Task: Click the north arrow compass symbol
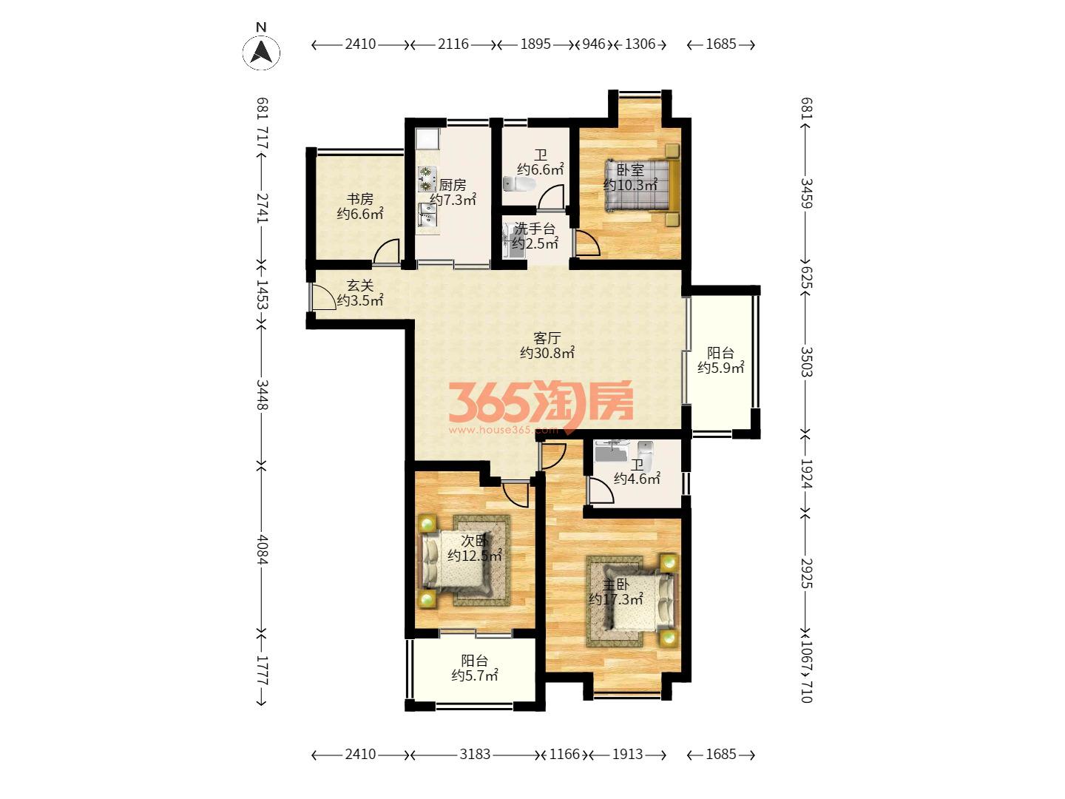[261, 52]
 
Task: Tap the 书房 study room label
[360, 199]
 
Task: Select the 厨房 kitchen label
[452, 185]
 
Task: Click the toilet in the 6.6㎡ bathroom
[518, 184]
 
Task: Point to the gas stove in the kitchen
[426, 179]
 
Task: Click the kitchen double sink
[427, 215]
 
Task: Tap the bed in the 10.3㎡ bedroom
[641, 185]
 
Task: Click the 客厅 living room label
[547, 337]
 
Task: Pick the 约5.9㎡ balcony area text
[720, 368]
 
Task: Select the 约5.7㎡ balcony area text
[475, 675]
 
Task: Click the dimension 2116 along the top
[453, 44]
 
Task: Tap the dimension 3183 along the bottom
[475, 754]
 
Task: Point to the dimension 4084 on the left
[262, 550]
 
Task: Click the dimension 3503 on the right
[806, 362]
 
